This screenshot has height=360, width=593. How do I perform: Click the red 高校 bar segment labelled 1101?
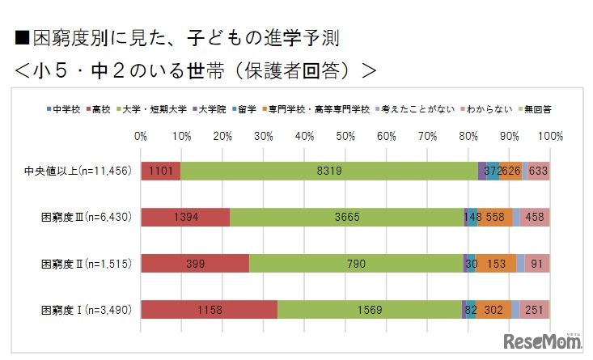click(160, 171)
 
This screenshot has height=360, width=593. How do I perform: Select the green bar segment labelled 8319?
click(329, 171)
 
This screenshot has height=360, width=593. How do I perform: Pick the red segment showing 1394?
click(185, 217)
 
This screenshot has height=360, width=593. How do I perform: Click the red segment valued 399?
click(195, 263)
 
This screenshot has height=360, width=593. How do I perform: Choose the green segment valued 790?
click(356, 263)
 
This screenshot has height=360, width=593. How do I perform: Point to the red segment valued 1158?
click(209, 309)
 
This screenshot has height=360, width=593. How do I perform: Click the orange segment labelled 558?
click(494, 217)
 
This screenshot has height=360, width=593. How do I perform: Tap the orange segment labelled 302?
click(493, 309)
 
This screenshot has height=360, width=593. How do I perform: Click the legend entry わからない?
click(481, 108)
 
